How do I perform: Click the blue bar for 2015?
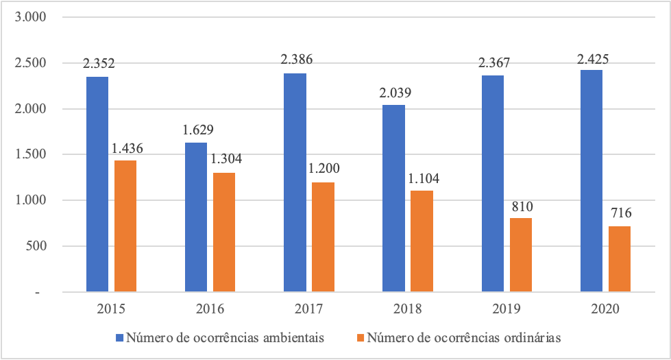click(97, 184)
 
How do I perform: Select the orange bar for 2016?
click(223, 232)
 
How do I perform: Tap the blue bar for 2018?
click(393, 198)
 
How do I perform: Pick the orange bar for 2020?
click(619, 259)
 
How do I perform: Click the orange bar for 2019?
click(520, 255)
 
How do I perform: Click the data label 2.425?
click(593, 59)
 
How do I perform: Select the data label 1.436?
click(127, 147)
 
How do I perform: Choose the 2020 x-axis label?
click(605, 309)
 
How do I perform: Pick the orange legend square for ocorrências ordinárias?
click(361, 337)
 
